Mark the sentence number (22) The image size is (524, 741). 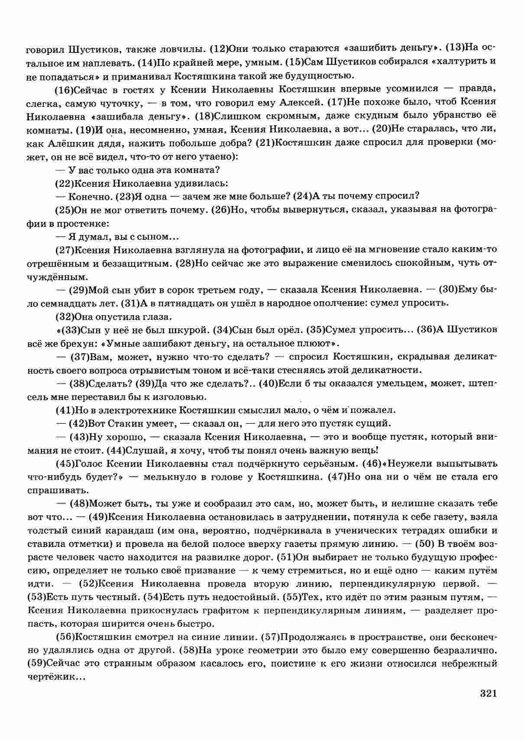pos(65,183)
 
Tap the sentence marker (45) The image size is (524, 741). pos(65,464)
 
